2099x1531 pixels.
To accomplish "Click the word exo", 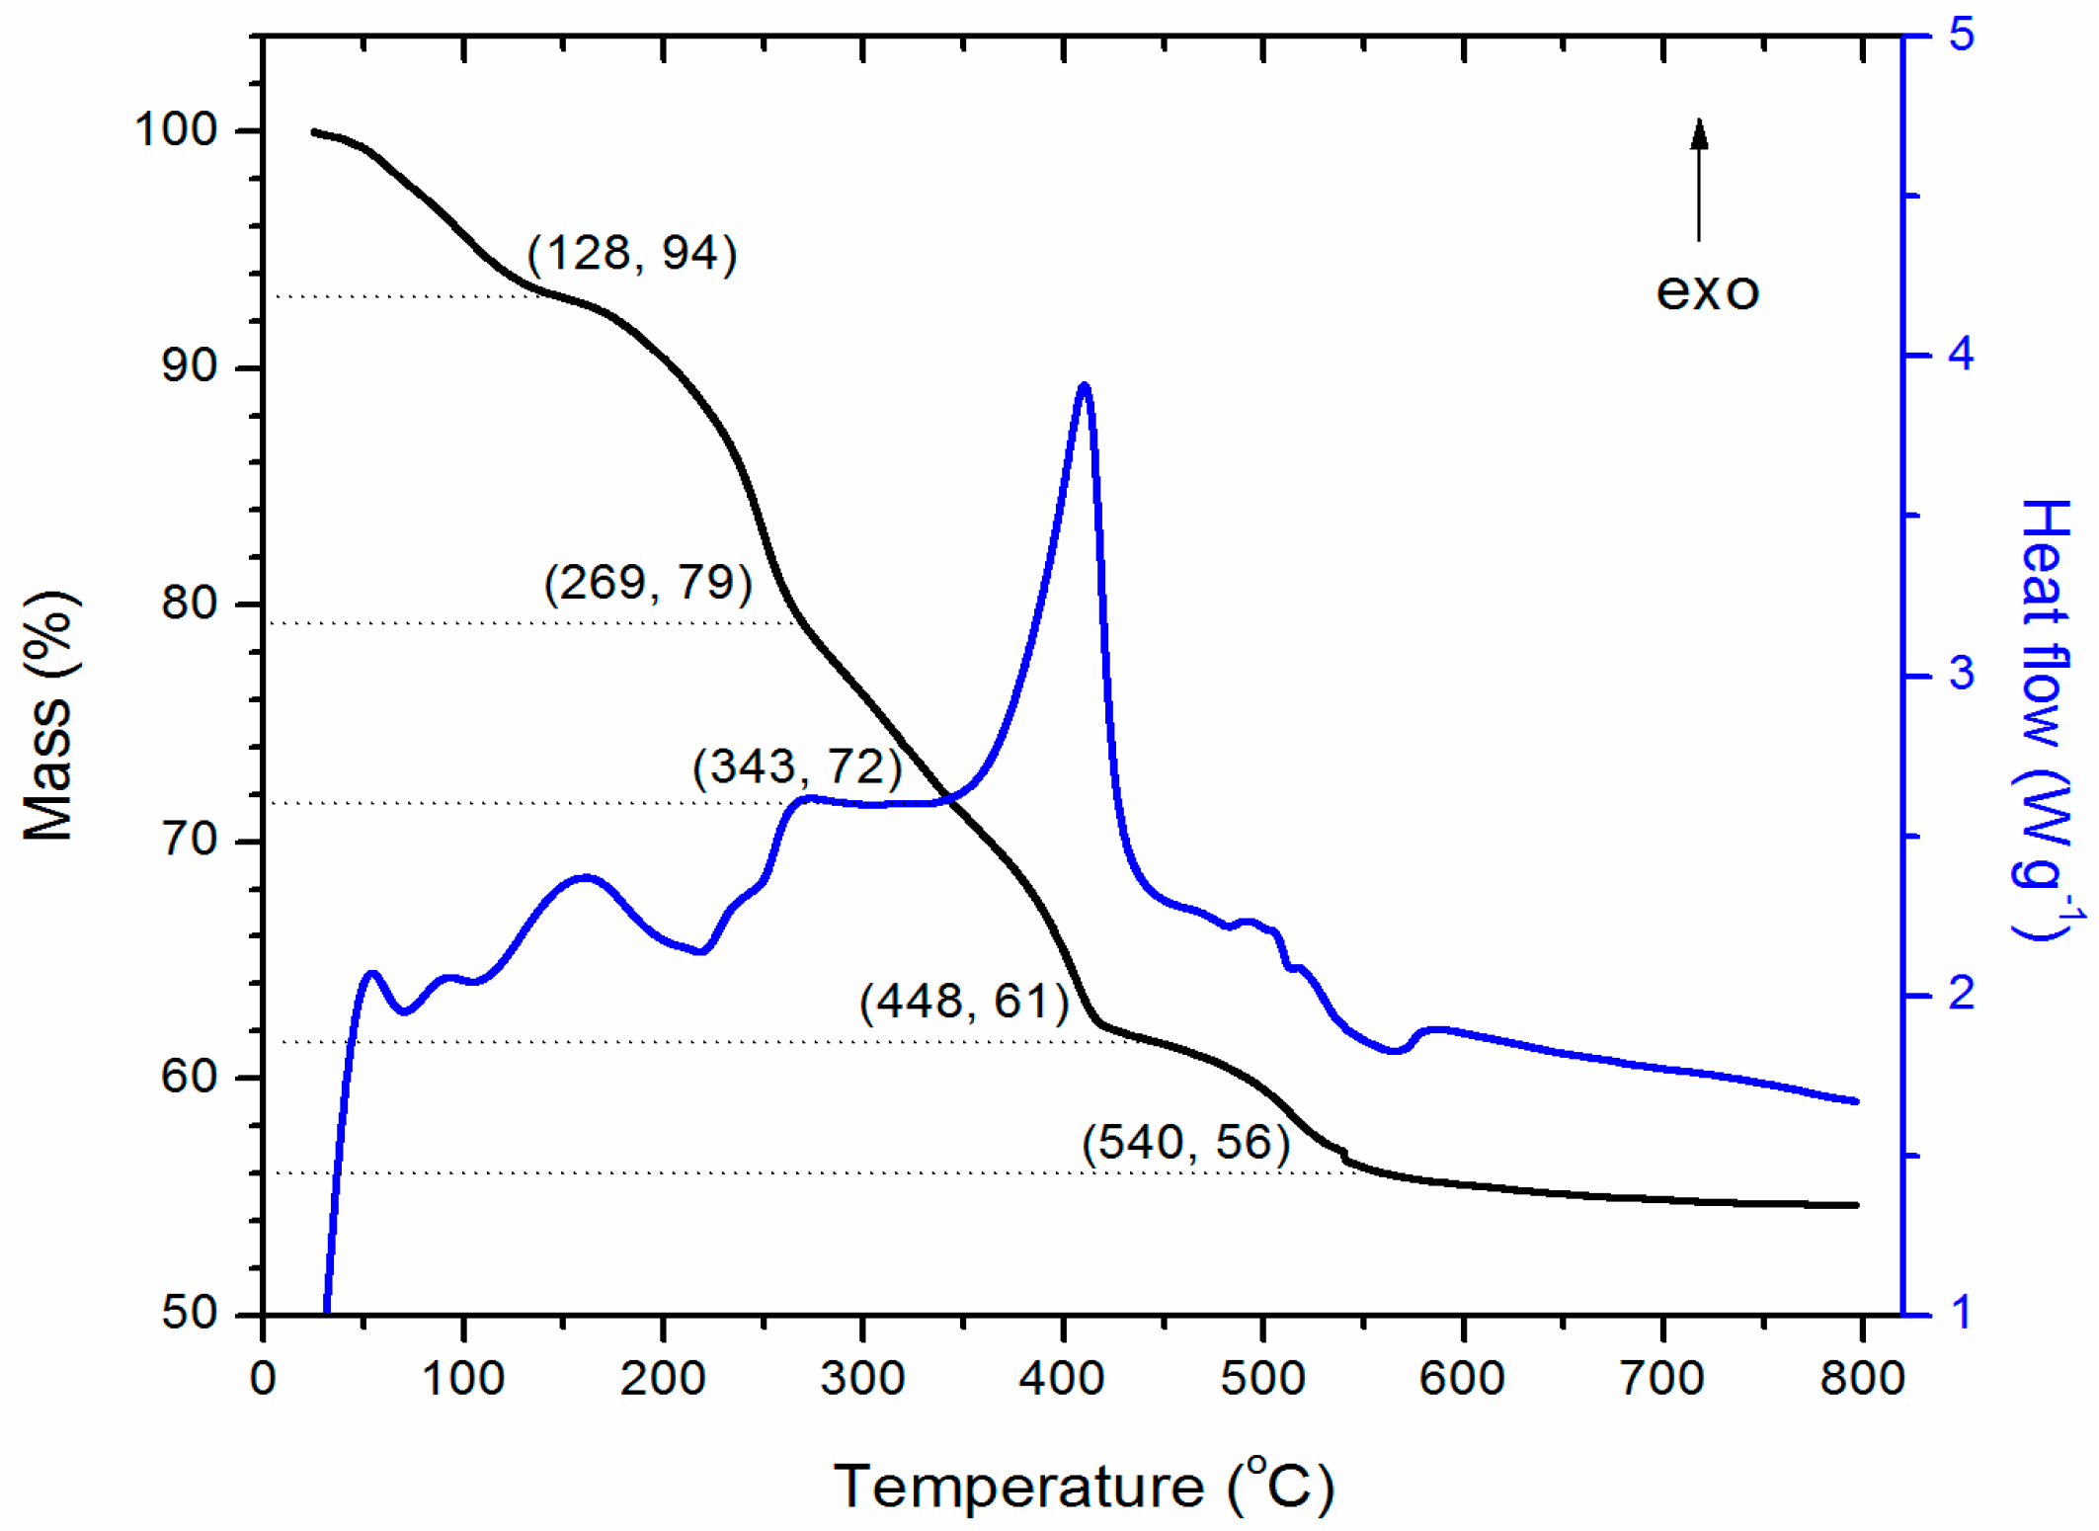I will coord(1707,291).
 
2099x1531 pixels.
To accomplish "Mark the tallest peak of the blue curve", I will coord(1085,386).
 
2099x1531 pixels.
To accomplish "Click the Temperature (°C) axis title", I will coord(1084,1486).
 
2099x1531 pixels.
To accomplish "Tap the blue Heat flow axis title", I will coord(2045,719).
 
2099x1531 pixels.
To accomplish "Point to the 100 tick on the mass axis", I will coord(175,130).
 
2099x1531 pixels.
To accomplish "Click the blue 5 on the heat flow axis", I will coord(1961,36).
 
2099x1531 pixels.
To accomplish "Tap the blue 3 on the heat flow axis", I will coord(1961,675).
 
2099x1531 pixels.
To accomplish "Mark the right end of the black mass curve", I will coord(1857,1205).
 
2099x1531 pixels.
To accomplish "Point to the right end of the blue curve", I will coord(1857,1101).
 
